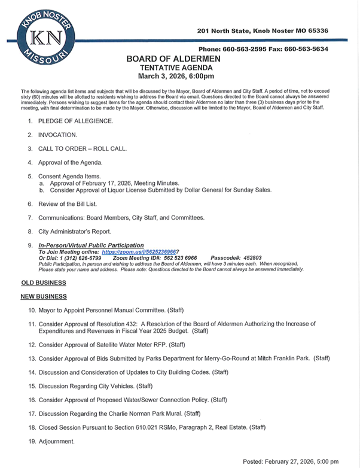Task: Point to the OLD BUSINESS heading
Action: (x=43, y=282)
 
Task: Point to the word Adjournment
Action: (x=57, y=442)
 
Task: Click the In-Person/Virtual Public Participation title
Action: (x=91, y=245)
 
